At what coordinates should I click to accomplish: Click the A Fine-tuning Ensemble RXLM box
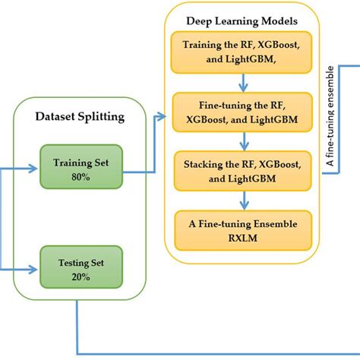point(242,230)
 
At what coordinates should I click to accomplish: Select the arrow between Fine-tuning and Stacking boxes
point(242,141)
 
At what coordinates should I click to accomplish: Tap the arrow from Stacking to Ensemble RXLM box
point(242,200)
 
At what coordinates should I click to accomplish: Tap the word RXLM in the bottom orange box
point(242,238)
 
